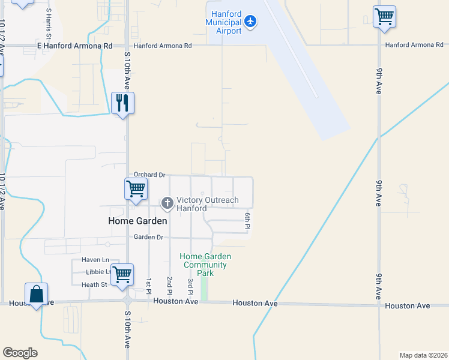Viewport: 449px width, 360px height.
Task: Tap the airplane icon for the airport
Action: pyautogui.click(x=251, y=22)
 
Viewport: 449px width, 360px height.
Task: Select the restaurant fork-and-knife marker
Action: pyautogui.click(x=122, y=103)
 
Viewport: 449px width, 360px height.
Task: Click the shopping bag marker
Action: pyautogui.click(x=36, y=295)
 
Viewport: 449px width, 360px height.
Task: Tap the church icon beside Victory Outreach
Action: pyautogui.click(x=167, y=204)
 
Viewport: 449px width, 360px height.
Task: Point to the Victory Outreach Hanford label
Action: pyautogui.click(x=207, y=204)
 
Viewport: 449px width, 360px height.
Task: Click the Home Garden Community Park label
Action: pyautogui.click(x=205, y=265)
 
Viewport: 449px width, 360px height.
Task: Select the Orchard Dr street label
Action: pyautogui.click(x=149, y=175)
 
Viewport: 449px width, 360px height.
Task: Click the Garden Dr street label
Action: pyautogui.click(x=148, y=237)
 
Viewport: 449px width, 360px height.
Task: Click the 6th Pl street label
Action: pyautogui.click(x=247, y=220)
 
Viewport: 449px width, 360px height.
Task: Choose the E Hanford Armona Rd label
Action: pyautogui.click(x=75, y=46)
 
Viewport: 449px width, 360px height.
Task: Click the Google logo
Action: pyautogui.click(x=20, y=353)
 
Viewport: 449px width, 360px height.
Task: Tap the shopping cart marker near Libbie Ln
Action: pyautogui.click(x=122, y=275)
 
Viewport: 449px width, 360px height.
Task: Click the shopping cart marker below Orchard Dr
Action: pyautogui.click(x=136, y=189)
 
